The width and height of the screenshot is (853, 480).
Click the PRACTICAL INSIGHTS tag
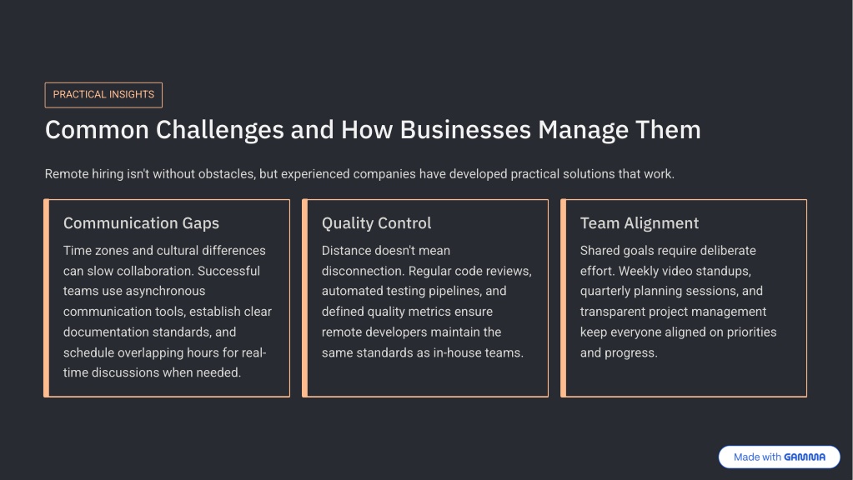coord(103,95)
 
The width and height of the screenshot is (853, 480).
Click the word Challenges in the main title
coord(220,131)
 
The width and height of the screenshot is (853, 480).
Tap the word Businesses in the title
coord(465,130)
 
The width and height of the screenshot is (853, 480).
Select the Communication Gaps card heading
coord(141,222)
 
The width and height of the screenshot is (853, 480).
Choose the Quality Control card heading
coord(376,222)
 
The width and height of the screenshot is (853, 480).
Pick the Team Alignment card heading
coord(640,222)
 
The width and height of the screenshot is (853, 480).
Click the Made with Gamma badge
coord(779,457)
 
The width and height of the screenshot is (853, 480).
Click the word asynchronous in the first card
coord(165,292)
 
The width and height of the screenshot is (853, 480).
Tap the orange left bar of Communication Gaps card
coord(47,297)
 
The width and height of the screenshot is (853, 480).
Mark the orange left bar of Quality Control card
coord(305,297)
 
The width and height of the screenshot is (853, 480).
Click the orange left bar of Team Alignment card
coord(564,297)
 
